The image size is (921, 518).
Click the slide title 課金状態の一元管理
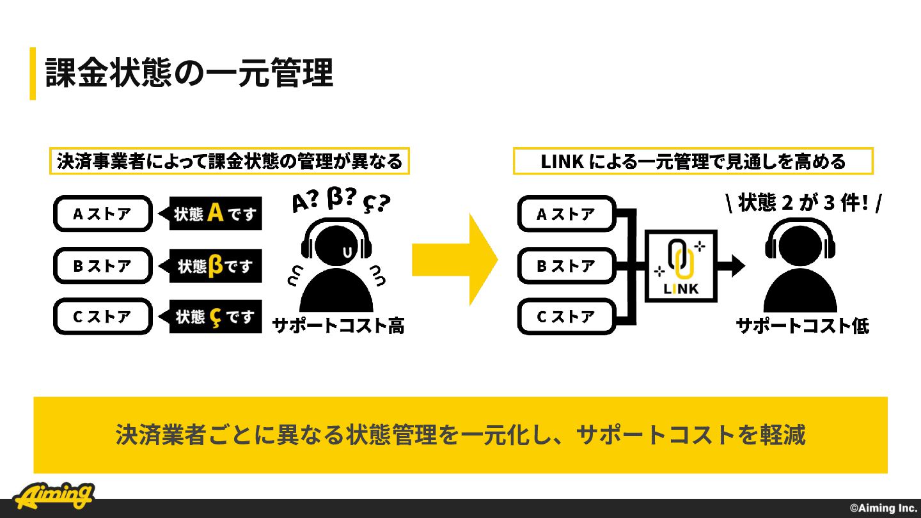click(189, 73)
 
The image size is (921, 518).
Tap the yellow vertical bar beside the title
click(33, 74)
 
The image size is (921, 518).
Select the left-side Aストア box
click(103, 214)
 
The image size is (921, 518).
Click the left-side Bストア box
click(103, 265)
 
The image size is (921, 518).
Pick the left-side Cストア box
click(103, 317)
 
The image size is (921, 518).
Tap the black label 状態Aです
click(210, 214)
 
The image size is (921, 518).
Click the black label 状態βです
click(210, 265)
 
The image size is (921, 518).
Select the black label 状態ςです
click(210, 317)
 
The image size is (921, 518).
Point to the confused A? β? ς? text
click(340, 200)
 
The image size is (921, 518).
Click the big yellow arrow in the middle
click(455, 260)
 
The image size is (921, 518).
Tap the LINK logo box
click(681, 266)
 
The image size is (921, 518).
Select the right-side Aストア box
click(567, 214)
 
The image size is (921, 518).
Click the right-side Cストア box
click(567, 317)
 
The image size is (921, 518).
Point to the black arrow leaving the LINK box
click(731, 266)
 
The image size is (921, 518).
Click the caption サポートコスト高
click(338, 326)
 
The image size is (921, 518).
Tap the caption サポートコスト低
click(803, 326)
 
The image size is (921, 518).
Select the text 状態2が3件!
click(803, 203)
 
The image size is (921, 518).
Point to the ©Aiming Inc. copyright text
click(884, 508)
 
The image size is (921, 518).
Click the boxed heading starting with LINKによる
click(693, 161)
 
